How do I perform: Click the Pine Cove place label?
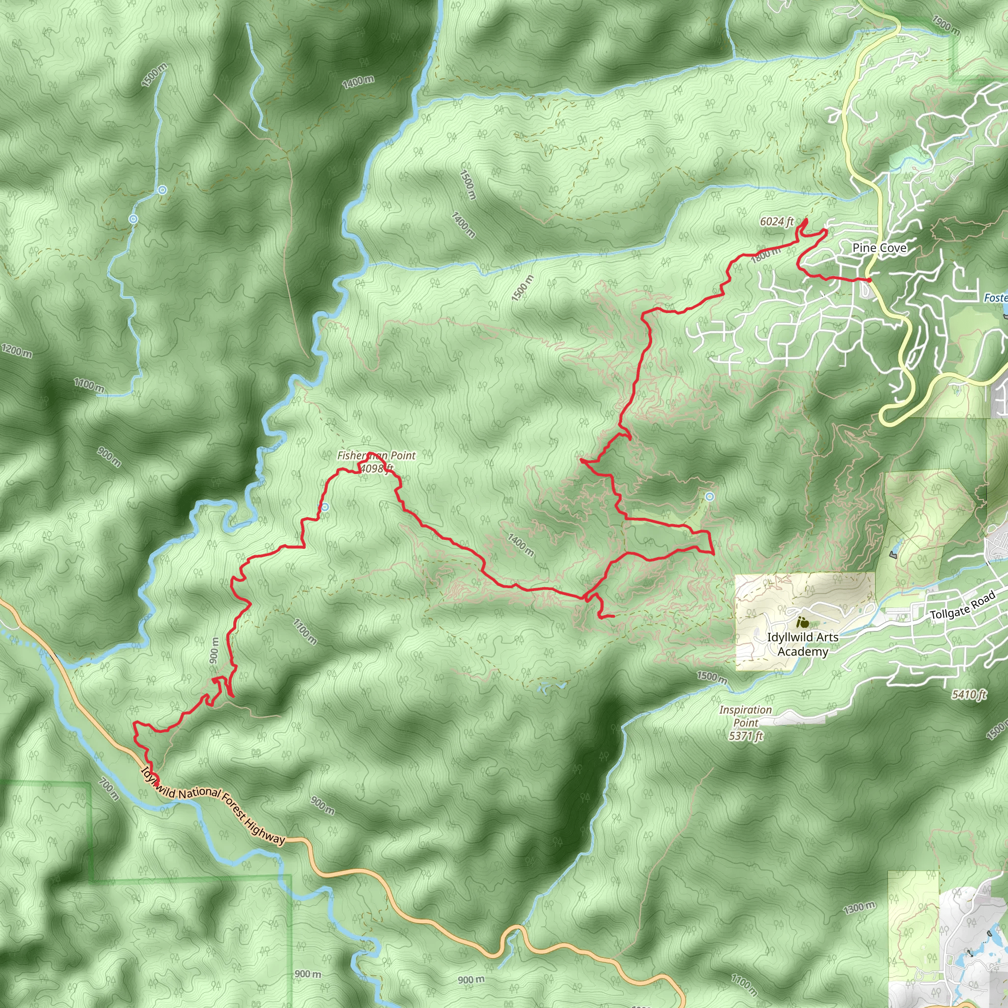879,248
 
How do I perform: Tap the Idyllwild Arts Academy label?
802,644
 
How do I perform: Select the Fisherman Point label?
376,455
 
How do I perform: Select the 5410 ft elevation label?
969,694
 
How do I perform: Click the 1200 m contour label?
17,350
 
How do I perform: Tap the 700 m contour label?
109,789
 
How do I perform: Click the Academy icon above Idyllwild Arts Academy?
802,622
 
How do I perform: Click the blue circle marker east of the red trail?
710,497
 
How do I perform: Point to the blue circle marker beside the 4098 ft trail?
325,507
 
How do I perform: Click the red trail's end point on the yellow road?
869,280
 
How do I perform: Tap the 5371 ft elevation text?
746,736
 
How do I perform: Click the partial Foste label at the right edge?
996,298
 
